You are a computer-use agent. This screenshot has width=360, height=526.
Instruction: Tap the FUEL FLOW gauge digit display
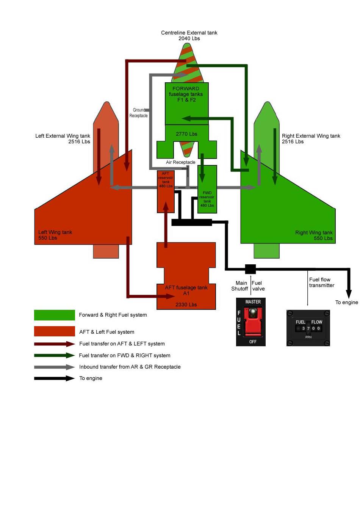[x=309, y=328]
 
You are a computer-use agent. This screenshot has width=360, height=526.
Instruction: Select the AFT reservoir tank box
[x=166, y=192]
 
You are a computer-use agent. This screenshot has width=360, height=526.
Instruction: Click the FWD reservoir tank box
[x=207, y=190]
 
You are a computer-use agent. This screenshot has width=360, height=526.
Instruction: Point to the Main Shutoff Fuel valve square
[x=250, y=269]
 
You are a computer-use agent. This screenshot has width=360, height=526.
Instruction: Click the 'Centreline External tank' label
[x=189, y=33]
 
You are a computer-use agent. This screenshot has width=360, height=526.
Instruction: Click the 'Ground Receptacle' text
[x=139, y=113]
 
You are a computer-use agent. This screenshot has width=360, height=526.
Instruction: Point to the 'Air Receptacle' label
[x=180, y=162]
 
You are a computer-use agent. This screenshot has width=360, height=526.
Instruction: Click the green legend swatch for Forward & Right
[x=54, y=315]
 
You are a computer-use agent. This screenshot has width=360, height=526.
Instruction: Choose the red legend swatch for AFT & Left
[x=54, y=331]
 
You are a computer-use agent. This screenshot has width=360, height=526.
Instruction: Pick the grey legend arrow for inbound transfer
[x=54, y=367]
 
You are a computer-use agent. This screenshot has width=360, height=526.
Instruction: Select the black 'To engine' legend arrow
[x=54, y=378]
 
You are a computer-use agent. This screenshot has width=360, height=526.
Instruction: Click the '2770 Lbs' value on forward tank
[x=186, y=134]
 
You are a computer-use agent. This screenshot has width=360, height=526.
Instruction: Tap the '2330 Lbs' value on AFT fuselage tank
[x=186, y=305]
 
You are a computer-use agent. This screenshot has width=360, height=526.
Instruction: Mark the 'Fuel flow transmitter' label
[x=321, y=283]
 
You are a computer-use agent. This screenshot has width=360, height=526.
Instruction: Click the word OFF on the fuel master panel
[x=253, y=342]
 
